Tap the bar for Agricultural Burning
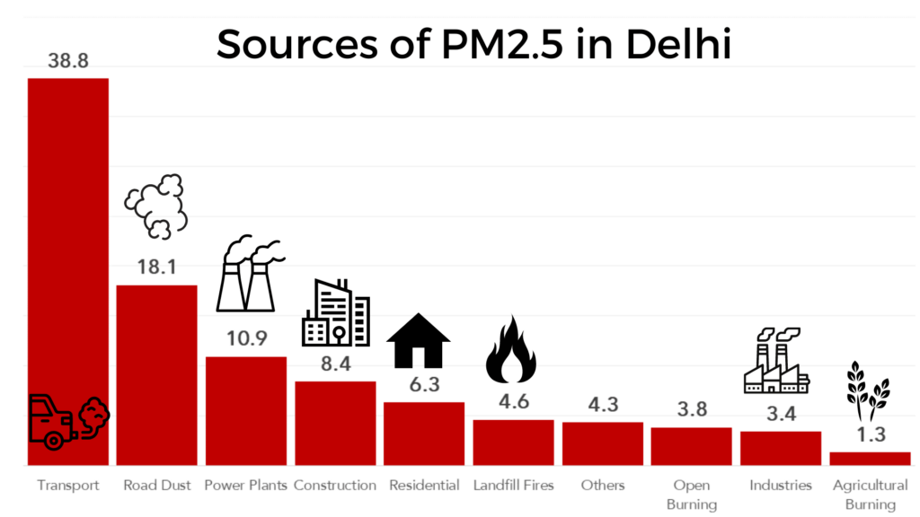click(x=870, y=458)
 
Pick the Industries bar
click(x=781, y=448)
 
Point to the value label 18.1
click(x=157, y=267)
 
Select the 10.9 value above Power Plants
click(x=246, y=338)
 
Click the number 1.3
click(x=870, y=434)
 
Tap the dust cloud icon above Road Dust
click(x=156, y=206)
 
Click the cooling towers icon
click(x=248, y=273)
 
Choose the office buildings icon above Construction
click(x=335, y=311)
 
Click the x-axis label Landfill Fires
click(x=514, y=486)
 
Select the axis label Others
click(x=602, y=486)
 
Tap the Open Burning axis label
click(x=692, y=495)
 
